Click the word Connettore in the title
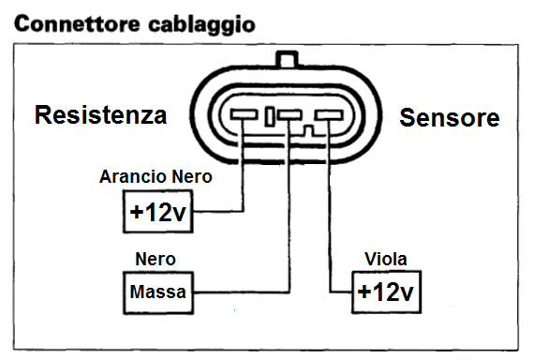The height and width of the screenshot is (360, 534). coord(78,24)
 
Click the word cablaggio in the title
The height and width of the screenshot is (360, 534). coord(201,25)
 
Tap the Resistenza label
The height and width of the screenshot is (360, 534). coord(101,115)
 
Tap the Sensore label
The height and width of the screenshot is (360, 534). coord(450,117)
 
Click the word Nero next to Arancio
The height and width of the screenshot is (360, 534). coord(192,176)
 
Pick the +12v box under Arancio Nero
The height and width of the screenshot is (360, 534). coord(158,212)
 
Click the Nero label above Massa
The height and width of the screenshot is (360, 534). coord(156,259)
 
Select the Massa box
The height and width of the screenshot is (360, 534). coord(158,292)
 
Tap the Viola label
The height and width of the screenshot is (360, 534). coord(386,259)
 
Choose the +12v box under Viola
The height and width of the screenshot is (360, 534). coord(386,292)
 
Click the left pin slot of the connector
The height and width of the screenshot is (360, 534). coord(244,114)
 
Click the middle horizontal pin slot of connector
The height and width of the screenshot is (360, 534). coord(289,114)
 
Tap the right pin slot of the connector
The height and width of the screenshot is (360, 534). coord(329,115)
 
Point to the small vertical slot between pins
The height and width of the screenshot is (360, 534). coord(270,116)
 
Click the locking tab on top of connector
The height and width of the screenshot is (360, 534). coord(288,59)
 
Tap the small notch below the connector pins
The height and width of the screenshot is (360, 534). coord(309,131)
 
